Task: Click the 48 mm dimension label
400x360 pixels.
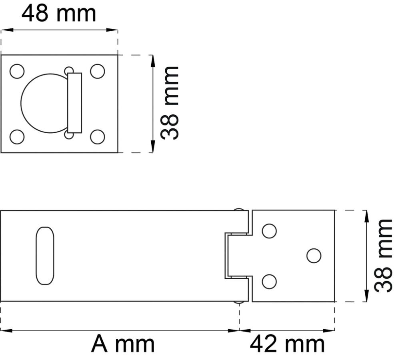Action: coord(59,14)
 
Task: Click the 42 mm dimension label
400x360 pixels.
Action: coord(287,344)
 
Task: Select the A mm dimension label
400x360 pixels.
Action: coord(122,344)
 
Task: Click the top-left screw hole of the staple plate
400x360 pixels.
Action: coord(17,71)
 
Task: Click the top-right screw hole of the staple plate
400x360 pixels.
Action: coord(98,71)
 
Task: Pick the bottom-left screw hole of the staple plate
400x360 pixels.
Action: coord(17,137)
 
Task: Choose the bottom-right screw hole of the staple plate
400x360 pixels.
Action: coord(98,137)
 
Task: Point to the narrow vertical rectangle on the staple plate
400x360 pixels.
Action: coord(74,103)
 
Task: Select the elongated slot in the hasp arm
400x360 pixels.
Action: coord(45,256)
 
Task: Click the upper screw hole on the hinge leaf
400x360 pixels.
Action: coord(269,231)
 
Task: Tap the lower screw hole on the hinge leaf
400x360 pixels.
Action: coord(269,282)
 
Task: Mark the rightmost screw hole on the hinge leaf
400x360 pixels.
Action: coord(314,256)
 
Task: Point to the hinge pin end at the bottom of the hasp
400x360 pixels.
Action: coord(240,302)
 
